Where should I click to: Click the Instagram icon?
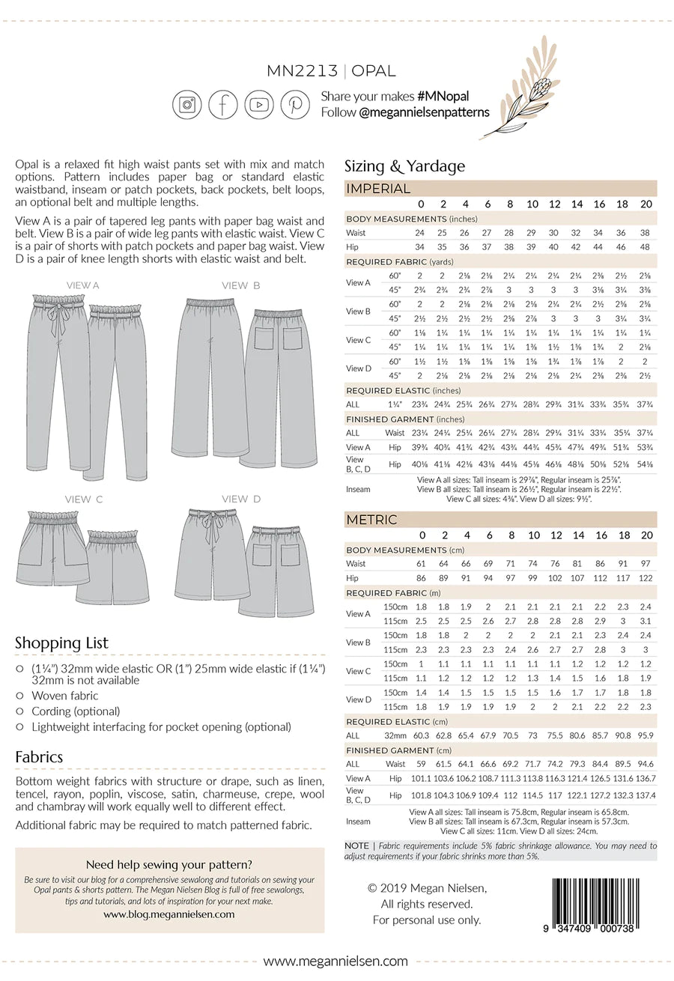point(187,105)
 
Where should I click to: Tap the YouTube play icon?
point(259,105)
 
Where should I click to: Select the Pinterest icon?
point(295,105)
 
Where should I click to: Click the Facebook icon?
point(223,105)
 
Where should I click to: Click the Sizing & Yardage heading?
point(404,166)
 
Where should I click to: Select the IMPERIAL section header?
point(378,189)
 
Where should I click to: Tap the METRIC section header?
point(371,520)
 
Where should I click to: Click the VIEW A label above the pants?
point(83,285)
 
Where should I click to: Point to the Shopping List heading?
point(61,643)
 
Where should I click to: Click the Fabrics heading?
point(39,757)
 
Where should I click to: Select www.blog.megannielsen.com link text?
point(168,914)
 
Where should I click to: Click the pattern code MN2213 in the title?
point(302,72)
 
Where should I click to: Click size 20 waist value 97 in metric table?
point(647,563)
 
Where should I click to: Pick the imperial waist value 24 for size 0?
point(420,232)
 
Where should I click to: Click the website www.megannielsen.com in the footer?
point(336,961)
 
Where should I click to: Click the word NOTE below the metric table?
point(356,845)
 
